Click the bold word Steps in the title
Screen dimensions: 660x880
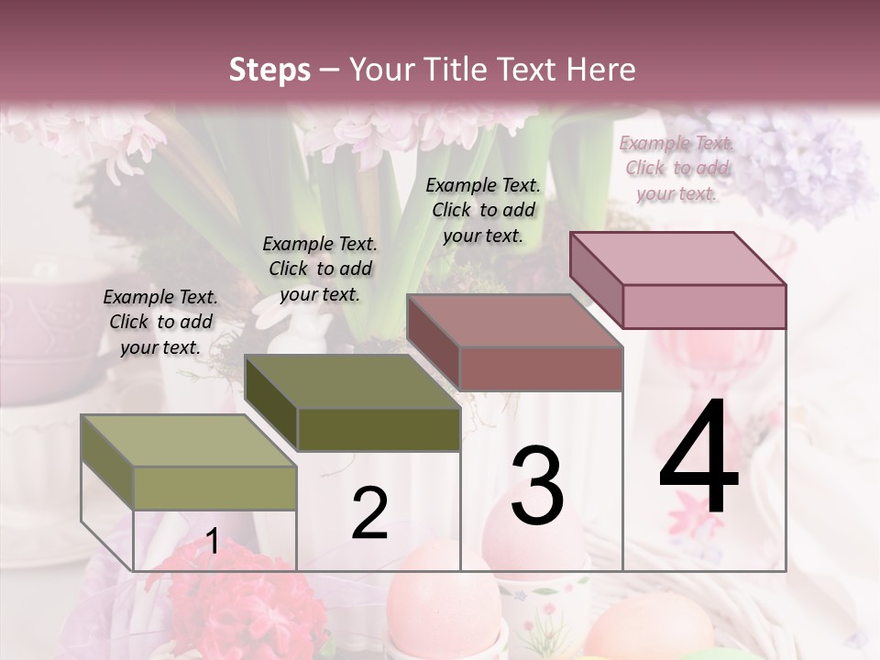269,70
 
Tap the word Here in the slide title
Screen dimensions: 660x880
601,70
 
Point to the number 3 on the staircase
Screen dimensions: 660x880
537,486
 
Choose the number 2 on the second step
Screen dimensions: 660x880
369,513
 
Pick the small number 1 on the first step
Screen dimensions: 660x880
212,541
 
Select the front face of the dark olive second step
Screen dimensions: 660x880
379,429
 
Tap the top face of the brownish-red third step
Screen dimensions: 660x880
513,321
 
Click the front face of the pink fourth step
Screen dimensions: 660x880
704,306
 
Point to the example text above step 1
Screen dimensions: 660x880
160,322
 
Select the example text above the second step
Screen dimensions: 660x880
320,269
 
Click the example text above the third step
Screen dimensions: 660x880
483,210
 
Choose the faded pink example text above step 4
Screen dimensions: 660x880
676,168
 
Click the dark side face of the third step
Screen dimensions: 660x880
433,344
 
